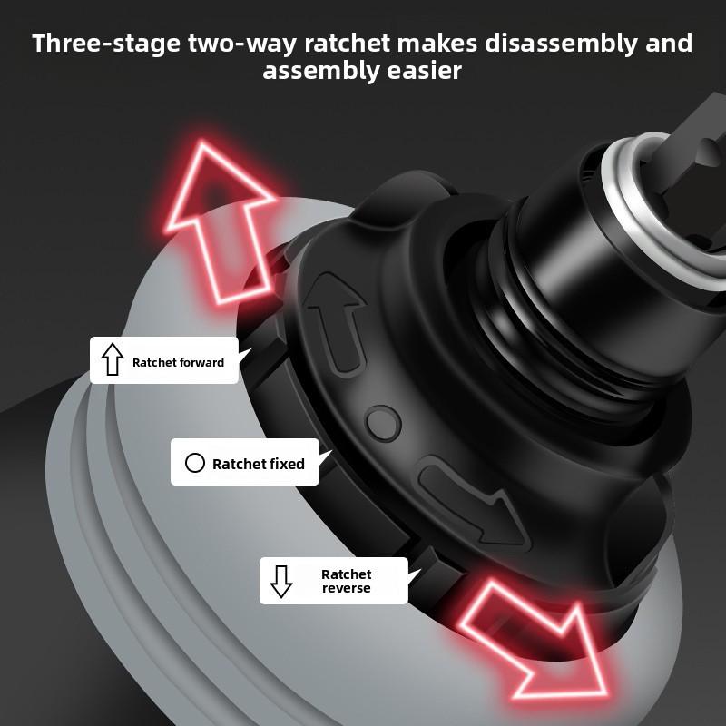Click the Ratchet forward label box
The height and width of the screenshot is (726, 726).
tap(163, 361)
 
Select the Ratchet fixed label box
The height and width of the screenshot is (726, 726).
tap(244, 463)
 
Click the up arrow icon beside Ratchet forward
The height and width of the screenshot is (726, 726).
tap(113, 361)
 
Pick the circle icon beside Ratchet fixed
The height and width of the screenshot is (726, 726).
tap(194, 463)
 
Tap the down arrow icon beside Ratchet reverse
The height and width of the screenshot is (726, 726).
tap(281, 581)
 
